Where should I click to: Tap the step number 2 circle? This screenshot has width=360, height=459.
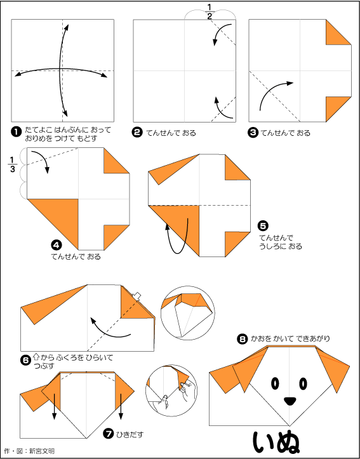point(137,133)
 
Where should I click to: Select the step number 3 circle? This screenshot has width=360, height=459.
point(253,133)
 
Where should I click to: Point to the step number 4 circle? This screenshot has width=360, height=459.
point(55,244)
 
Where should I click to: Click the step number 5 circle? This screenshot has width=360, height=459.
point(262,226)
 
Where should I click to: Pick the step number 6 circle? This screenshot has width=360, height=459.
point(25,361)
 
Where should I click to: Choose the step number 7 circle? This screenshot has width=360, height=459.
point(109,434)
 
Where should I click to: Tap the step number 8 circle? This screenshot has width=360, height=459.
point(242,339)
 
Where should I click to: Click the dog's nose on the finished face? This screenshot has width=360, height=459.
point(290,401)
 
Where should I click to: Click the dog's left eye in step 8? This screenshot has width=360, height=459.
point(275,383)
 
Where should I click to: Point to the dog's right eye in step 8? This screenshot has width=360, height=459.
point(303,383)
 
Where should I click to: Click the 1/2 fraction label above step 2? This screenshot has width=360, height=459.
point(210,12)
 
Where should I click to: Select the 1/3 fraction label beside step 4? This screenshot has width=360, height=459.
point(12,165)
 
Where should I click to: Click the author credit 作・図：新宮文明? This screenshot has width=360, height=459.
point(30,451)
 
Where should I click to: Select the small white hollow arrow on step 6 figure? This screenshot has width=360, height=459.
point(136,296)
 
